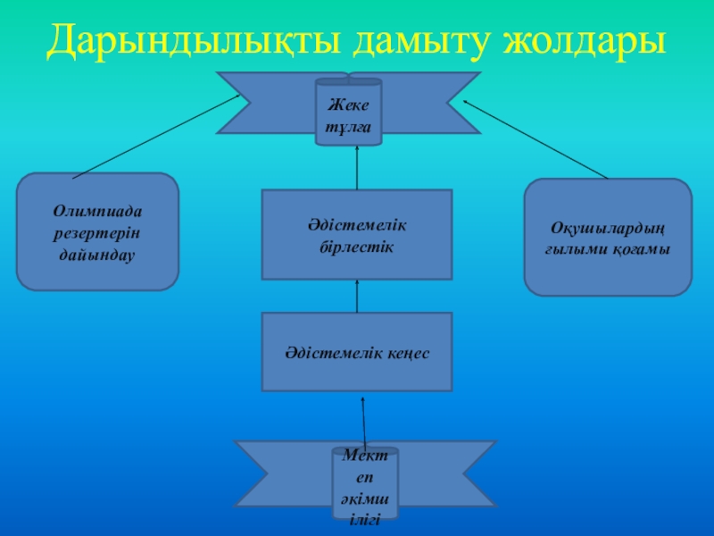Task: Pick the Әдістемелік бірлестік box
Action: coord(357,234)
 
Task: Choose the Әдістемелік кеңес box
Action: coord(357,352)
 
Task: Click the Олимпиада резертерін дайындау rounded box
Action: coord(98,232)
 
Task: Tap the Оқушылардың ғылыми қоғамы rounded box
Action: coord(608,238)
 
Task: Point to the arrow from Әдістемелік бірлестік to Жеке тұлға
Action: coord(357,167)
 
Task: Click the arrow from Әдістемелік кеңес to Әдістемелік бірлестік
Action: coord(357,296)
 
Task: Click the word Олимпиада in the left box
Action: coord(98,212)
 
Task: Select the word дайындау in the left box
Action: coord(98,254)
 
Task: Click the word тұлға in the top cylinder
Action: coord(349,126)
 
